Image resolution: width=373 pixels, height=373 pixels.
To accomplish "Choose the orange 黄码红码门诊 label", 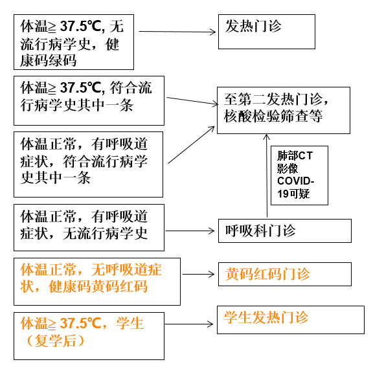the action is pyautogui.click(x=267, y=274).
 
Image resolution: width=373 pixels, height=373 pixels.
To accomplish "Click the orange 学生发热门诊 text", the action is pyautogui.click(x=266, y=317).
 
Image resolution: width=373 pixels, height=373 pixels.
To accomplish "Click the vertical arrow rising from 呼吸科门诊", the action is pyautogui.click(x=267, y=175).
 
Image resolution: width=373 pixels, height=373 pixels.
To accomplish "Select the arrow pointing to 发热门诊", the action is pyautogui.click(x=177, y=32).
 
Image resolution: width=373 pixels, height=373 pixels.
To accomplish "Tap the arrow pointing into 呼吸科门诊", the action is pyautogui.click(x=190, y=231).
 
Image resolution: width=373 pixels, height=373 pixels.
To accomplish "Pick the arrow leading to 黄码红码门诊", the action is pyautogui.click(x=198, y=275).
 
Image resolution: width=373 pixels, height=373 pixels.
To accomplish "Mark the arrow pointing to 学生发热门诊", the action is pyautogui.click(x=188, y=324).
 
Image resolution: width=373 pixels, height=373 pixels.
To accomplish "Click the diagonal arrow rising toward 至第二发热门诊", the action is pyautogui.click(x=191, y=145).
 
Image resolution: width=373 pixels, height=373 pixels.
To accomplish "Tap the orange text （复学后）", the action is pyautogui.click(x=55, y=341).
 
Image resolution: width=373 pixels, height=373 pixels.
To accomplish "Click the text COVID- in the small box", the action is pyautogui.click(x=296, y=181).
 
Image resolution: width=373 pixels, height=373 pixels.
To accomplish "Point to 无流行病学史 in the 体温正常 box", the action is pyautogui.click(x=105, y=233).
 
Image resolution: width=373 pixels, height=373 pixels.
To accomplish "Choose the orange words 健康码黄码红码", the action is pyautogui.click(x=98, y=286).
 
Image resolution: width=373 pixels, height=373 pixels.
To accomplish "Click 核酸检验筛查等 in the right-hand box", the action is pyautogui.click(x=273, y=116).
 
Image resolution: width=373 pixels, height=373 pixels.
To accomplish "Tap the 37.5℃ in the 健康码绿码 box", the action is pyautogui.click(x=81, y=26).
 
